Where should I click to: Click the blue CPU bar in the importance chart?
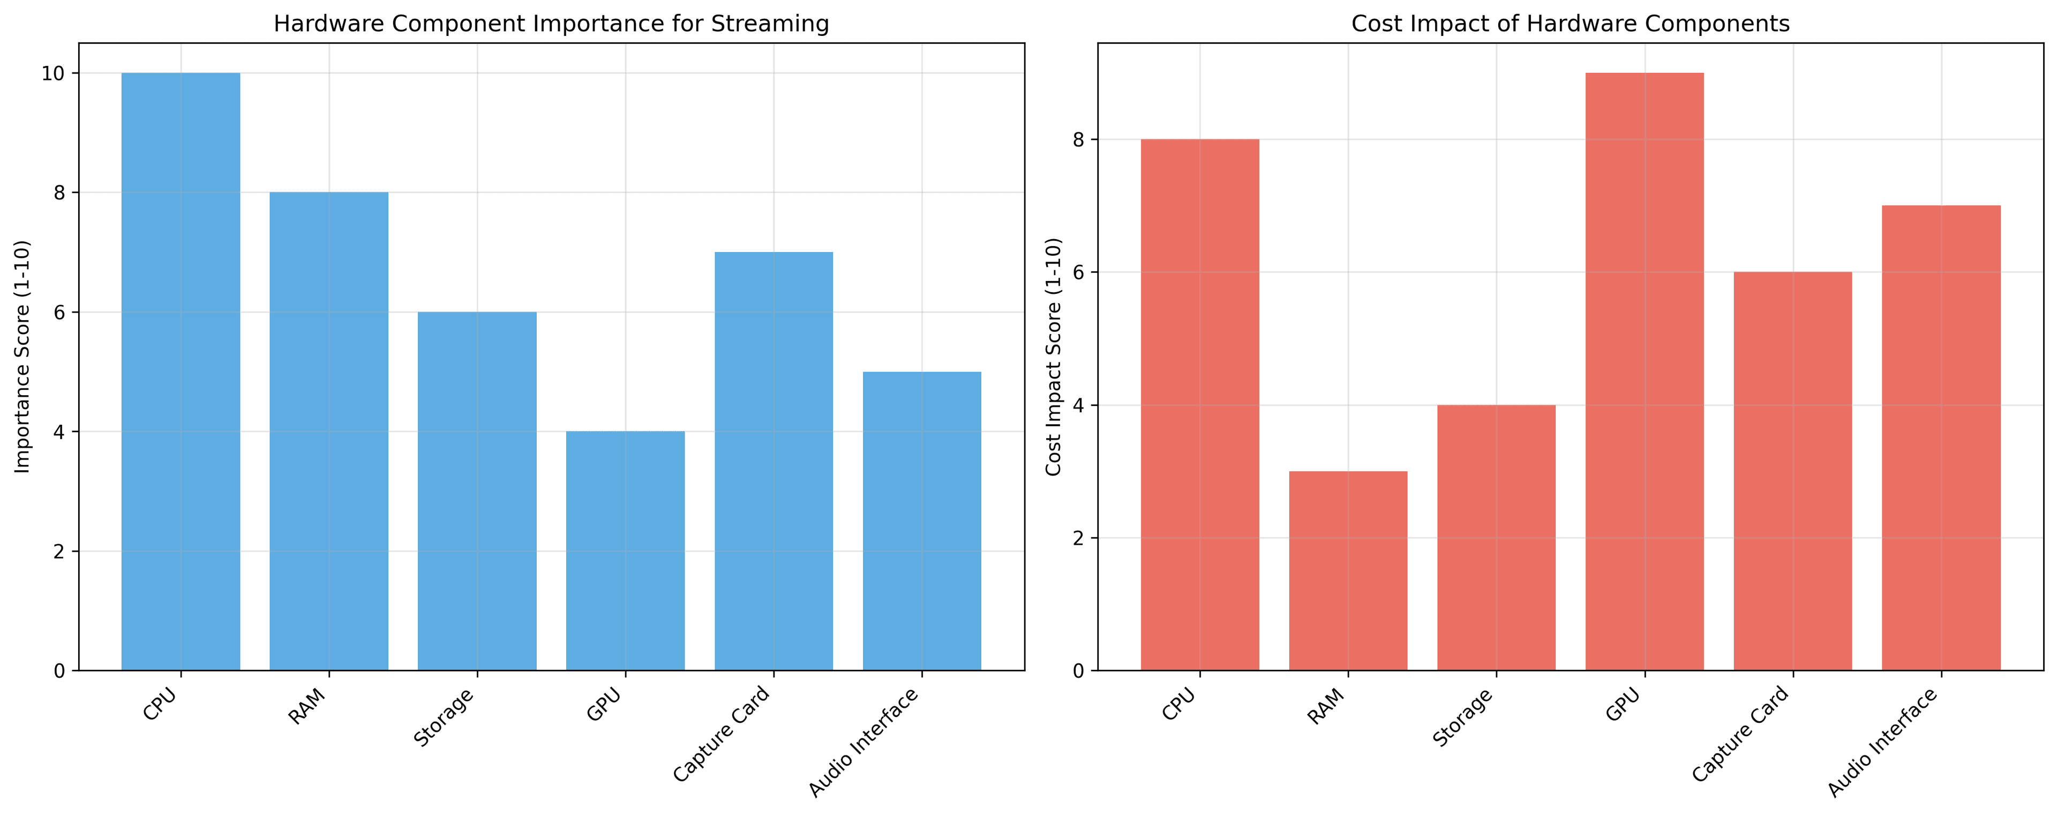click(181, 372)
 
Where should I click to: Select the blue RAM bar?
click(329, 432)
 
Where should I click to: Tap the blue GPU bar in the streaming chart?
click(625, 551)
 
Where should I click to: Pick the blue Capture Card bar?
click(774, 461)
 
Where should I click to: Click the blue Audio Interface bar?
click(922, 521)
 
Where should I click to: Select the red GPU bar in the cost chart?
click(1644, 372)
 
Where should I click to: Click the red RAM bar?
click(1348, 570)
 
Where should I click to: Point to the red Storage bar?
click(1497, 538)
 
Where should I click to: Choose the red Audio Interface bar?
click(1941, 438)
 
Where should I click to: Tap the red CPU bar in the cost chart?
click(1200, 405)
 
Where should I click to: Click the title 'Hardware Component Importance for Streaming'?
click(551, 24)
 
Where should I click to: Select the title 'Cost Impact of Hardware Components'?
click(1570, 24)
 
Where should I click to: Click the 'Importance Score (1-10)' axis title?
click(22, 357)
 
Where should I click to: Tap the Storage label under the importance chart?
click(445, 717)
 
